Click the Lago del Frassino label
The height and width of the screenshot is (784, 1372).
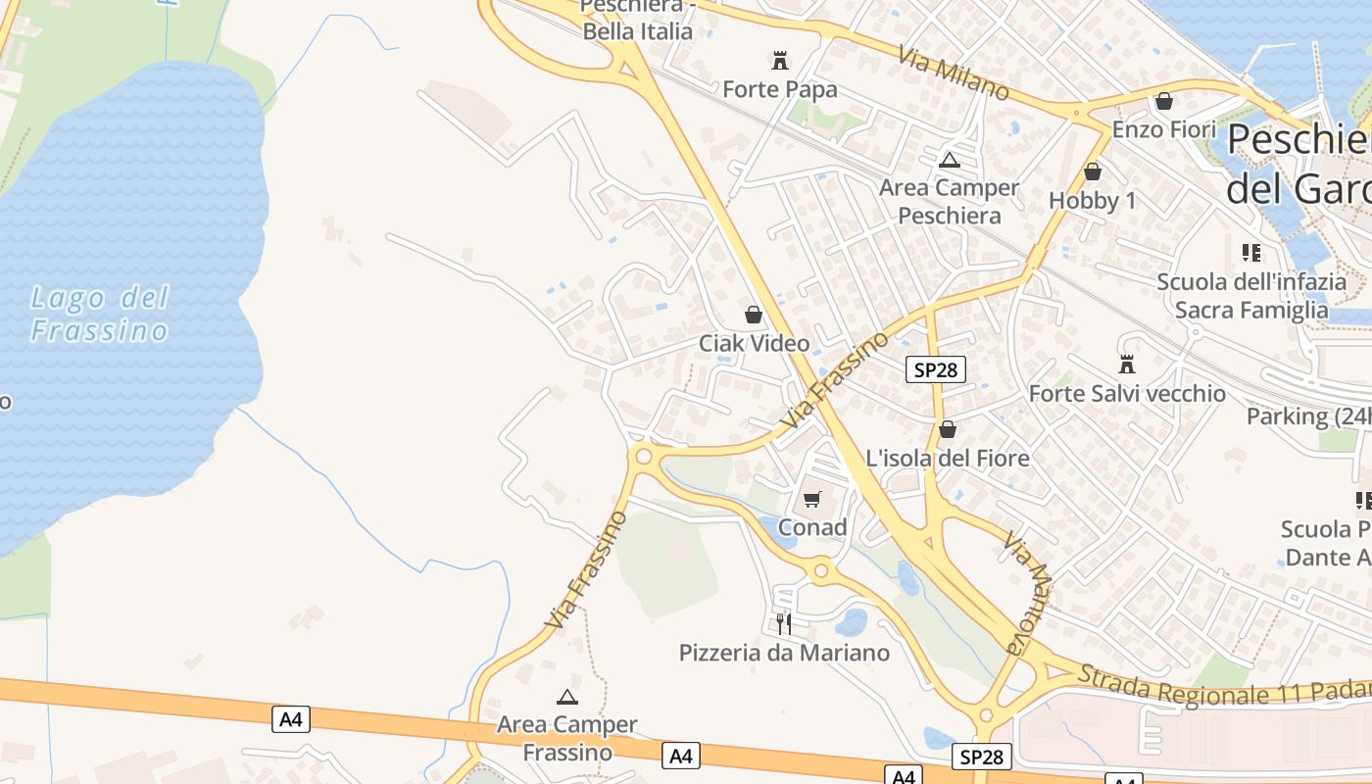[x=100, y=314]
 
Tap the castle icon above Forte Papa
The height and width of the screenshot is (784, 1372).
[x=780, y=61]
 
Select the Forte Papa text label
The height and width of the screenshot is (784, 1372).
[x=780, y=90]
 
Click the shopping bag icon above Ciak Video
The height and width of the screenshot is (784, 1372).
[x=754, y=315]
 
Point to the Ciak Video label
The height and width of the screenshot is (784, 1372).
[x=754, y=343]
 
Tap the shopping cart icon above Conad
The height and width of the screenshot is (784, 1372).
[x=811, y=500]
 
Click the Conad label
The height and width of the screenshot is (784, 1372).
[x=812, y=527]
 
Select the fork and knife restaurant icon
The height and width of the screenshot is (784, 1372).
[x=784, y=623]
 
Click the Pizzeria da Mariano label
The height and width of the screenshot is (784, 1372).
[x=784, y=652]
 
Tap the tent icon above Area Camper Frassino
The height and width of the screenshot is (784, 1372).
[x=566, y=697]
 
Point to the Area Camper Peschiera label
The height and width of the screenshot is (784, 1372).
[x=949, y=201]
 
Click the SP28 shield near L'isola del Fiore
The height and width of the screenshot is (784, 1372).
[x=935, y=369]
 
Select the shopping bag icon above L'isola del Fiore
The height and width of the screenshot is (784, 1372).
[x=948, y=429]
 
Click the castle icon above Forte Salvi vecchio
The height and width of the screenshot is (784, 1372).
[x=1127, y=365]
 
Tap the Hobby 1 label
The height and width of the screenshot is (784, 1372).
[x=1093, y=200]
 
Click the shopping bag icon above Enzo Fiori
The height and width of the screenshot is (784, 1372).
[x=1164, y=101]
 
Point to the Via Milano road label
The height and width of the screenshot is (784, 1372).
[x=953, y=73]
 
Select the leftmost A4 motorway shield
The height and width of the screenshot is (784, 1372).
[x=291, y=719]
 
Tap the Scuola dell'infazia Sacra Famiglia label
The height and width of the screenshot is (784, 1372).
[x=1251, y=296]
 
